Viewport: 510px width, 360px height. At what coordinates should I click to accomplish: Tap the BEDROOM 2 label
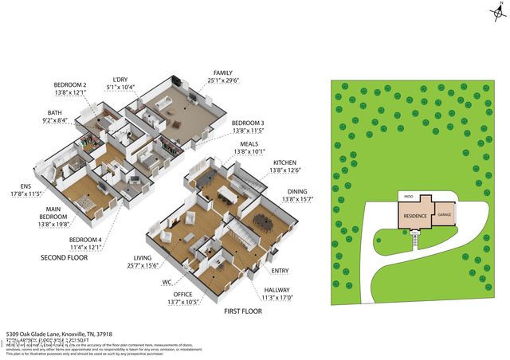69,85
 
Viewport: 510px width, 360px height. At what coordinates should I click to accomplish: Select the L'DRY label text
121,79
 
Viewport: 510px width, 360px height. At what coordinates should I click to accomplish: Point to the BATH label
55,113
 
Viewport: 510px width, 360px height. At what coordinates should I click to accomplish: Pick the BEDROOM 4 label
85,240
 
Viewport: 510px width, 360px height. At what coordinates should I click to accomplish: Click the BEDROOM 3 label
248,123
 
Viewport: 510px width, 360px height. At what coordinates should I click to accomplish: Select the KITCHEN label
285,162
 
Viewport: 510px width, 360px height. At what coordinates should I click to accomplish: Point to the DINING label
300,191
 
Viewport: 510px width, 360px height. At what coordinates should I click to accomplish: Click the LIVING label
143,258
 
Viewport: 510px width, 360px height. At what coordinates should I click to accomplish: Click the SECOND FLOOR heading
63,259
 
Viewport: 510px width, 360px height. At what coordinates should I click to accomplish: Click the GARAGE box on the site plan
443,215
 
